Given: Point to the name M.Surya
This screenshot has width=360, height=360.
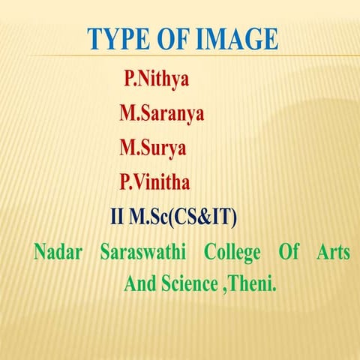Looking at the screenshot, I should pos(153,148).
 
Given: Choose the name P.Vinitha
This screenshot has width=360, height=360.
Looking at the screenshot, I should pos(155,182).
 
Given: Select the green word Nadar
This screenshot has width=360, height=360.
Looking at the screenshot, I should pos(56,253).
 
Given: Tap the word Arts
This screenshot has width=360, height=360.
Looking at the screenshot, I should pos(334,253).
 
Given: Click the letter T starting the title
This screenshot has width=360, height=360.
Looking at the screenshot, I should pos(95,39).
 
